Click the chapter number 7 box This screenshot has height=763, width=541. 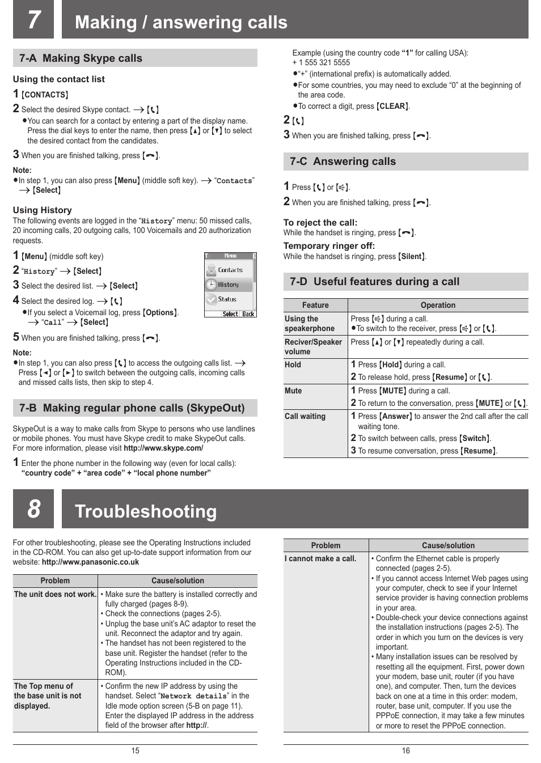[x=33, y=19]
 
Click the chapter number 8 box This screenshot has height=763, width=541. [x=33, y=508]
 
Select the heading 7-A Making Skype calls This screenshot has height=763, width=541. [x=81, y=58]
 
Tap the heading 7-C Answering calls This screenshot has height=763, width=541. [x=343, y=162]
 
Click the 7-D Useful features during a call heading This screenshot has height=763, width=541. [x=374, y=282]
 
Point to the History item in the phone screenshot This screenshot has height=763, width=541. [x=228, y=285]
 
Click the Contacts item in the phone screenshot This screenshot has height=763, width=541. [x=230, y=270]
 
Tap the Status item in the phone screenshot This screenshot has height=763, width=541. [x=227, y=299]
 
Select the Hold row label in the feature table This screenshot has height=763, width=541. [x=293, y=365]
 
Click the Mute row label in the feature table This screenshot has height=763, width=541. [x=293, y=391]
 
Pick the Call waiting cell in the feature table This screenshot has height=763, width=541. [x=305, y=417]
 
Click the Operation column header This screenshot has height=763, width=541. [x=438, y=305]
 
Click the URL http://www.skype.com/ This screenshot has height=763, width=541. [x=163, y=448]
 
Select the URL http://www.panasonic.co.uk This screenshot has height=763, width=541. [x=90, y=562]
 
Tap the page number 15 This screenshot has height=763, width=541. [x=135, y=751]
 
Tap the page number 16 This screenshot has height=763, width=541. [x=405, y=751]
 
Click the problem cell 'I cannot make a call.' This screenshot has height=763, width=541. [x=320, y=559]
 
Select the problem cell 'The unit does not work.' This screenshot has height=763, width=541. [x=55, y=595]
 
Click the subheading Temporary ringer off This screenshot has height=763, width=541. [x=329, y=246]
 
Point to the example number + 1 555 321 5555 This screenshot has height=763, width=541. [x=321, y=63]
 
